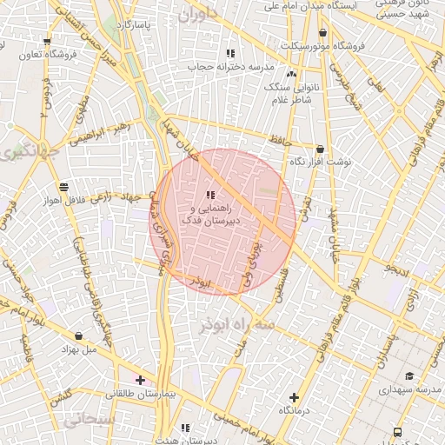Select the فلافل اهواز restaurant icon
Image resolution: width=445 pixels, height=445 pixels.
(63, 187)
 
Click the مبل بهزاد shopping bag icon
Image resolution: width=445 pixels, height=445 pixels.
(79, 335)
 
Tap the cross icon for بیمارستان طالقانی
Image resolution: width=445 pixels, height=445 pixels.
(140, 380)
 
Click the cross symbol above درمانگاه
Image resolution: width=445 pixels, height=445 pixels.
(294, 397)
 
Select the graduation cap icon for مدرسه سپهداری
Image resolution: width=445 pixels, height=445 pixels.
(409, 375)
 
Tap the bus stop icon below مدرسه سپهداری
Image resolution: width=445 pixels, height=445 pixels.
(397, 431)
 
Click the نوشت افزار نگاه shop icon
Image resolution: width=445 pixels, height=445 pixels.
(321, 149)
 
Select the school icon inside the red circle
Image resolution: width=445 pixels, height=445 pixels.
(210, 195)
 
